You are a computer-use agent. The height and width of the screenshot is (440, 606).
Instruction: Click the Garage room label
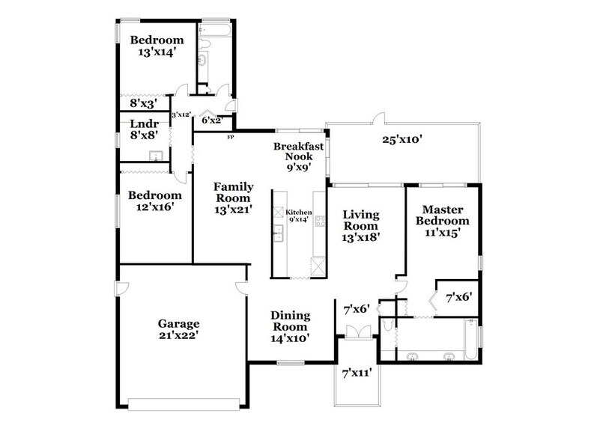point(178,330)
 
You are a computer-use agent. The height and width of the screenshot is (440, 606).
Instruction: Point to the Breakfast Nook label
point(297,157)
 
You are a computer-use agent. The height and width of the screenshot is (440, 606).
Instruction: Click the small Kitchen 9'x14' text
point(300,216)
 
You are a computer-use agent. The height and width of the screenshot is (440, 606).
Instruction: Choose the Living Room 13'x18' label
point(361,225)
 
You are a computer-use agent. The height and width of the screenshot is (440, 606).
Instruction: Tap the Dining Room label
point(290,327)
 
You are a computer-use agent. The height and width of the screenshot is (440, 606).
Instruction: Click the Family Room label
point(234,198)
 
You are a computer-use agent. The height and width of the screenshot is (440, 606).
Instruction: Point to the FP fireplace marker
point(231,137)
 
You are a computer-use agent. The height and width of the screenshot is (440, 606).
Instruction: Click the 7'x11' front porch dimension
point(357,372)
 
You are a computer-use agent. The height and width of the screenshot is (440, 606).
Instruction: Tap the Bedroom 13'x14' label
point(157,46)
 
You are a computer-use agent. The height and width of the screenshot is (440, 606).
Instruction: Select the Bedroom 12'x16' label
point(155,201)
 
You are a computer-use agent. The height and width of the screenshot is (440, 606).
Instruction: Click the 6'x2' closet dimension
point(211,120)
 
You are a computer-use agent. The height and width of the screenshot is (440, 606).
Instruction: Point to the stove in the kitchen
point(320,220)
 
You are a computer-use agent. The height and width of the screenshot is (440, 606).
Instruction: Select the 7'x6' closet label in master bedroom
point(458,297)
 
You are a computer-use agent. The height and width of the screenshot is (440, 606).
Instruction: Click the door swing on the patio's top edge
point(381,118)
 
